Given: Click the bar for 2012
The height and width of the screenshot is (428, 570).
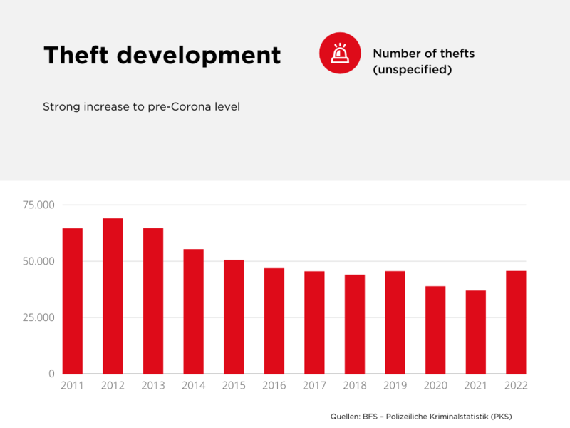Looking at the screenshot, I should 113,296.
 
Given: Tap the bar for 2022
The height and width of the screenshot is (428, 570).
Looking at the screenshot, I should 516,322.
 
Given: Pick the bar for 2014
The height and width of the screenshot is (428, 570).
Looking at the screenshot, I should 193,311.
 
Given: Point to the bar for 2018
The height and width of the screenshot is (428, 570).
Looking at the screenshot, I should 355,324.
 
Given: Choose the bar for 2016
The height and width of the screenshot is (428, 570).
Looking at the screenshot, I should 274,321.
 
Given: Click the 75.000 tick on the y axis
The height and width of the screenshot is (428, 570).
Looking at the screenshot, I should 38,205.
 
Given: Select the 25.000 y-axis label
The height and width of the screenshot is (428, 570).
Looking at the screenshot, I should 38,317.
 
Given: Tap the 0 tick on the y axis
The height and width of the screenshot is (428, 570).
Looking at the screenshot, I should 51,374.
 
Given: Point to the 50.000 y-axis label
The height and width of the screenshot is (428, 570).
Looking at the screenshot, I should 38,262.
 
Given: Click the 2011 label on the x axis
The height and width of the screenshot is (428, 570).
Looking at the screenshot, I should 72,386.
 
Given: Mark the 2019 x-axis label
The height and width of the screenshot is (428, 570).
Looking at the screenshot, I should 395,386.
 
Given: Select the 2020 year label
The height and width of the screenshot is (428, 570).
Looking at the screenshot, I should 435,386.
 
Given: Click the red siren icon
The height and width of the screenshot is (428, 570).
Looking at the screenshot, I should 339,53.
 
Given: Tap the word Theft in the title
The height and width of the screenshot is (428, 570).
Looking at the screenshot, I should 78,54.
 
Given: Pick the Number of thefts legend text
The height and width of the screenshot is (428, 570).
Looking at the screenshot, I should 423,53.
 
